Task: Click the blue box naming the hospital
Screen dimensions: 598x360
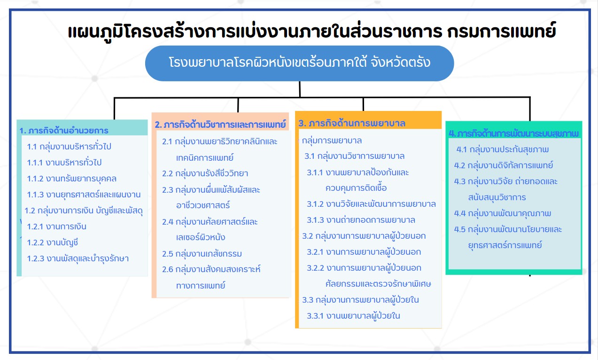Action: (x=299, y=63)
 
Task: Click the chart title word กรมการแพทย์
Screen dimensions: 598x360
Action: (x=501, y=31)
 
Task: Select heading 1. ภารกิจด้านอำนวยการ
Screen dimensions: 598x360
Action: (x=64, y=131)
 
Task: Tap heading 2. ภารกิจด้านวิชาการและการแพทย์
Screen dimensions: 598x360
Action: (x=220, y=125)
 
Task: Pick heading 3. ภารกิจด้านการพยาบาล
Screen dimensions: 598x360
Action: (x=352, y=124)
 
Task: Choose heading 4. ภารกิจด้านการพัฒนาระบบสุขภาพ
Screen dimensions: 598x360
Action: (x=513, y=133)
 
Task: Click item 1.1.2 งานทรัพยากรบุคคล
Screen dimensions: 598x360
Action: (x=71, y=179)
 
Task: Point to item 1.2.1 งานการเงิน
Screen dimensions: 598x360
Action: (x=56, y=227)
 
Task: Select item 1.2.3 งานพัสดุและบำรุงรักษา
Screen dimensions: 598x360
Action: (x=78, y=259)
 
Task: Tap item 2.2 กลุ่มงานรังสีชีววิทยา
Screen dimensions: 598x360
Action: (x=205, y=173)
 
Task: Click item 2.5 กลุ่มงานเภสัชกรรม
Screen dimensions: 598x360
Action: (x=202, y=254)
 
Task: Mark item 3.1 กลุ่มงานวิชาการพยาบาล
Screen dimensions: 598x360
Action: (x=355, y=156)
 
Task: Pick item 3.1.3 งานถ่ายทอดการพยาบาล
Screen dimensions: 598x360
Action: (x=361, y=220)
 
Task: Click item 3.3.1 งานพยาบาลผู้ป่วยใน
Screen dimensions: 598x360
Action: (x=353, y=316)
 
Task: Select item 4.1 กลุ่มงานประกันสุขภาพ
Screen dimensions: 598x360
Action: (x=503, y=149)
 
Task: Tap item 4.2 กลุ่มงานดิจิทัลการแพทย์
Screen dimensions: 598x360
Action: (x=504, y=165)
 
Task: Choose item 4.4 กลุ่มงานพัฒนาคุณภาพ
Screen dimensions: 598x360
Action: (x=503, y=213)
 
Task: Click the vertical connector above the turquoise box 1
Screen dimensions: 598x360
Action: (x=114, y=109)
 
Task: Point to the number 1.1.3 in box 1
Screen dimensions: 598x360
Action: (x=35, y=195)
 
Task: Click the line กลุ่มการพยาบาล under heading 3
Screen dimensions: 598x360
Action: (x=332, y=141)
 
